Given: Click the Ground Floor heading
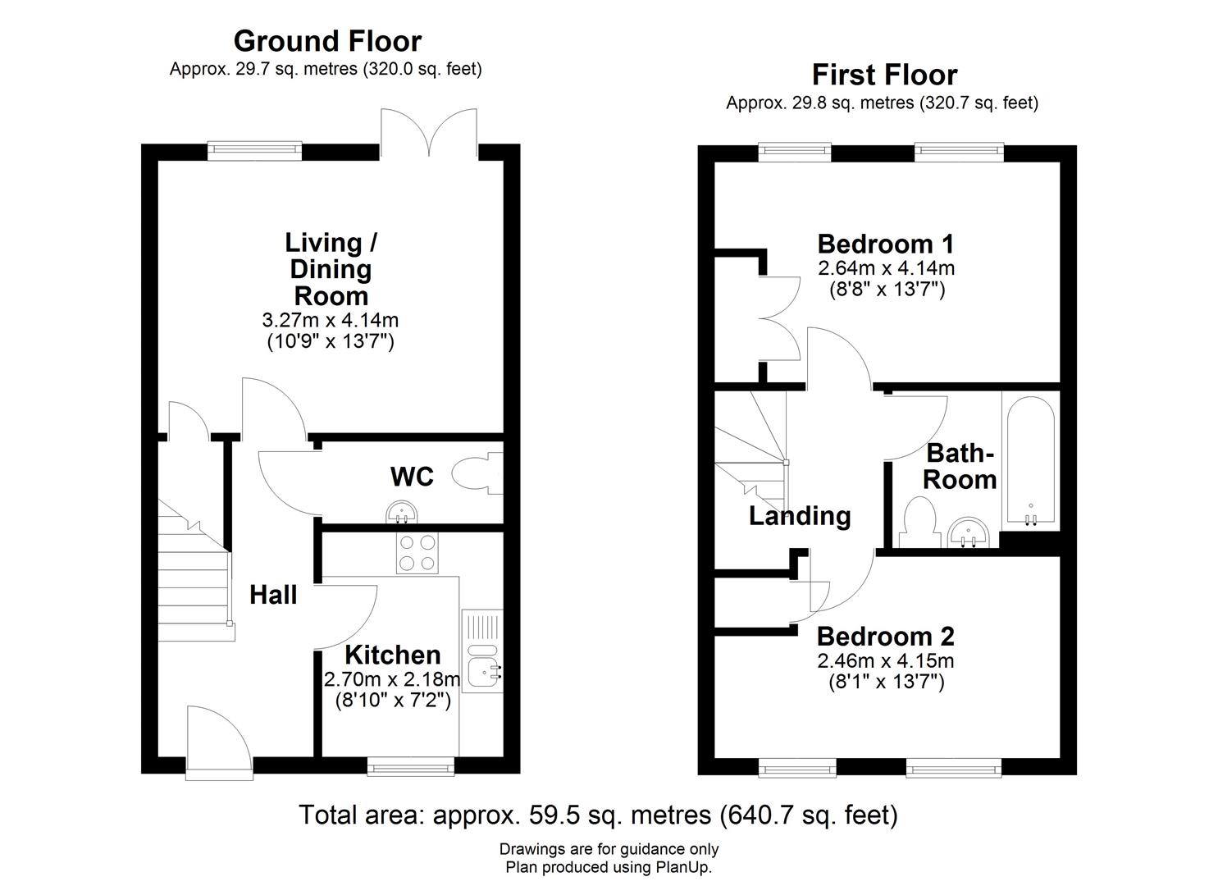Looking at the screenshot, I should pos(327,41).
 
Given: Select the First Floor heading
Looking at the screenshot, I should pos(884,75).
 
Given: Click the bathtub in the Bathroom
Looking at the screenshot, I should pos(1029,459).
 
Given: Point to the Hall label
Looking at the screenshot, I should pos(273,596).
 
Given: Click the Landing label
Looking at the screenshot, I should pos(800,516).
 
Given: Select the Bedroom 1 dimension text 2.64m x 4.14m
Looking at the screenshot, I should pos(886,268).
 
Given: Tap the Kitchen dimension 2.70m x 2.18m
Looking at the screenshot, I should pos(392,679).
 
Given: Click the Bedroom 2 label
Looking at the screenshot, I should pos(885,637).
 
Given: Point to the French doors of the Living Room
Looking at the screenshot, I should pos(428,131).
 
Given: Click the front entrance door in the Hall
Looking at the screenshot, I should pos(217,742).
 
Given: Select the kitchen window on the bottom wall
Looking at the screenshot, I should pos(410,767).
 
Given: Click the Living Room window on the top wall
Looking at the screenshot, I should pos(254,149).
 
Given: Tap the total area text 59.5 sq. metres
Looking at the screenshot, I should pos(598,815).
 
